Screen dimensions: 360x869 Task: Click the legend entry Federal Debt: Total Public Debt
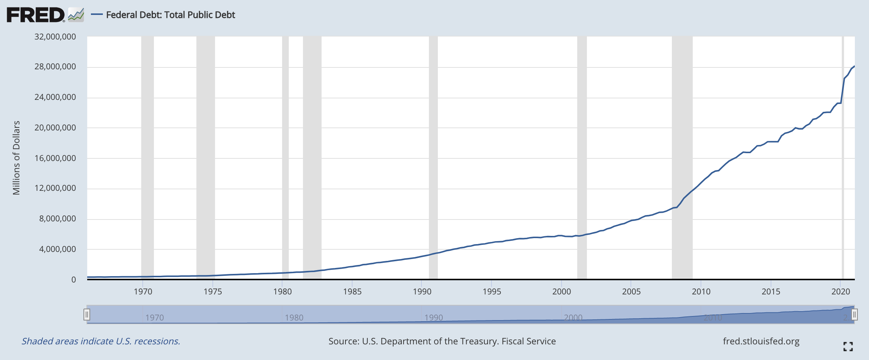point(170,15)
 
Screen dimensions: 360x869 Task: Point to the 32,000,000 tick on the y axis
point(55,37)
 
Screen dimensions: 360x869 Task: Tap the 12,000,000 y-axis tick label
point(55,188)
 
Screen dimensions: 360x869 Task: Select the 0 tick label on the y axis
point(73,280)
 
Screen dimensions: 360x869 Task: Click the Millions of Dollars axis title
point(16,158)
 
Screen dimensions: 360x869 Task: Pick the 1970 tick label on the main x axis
point(143,291)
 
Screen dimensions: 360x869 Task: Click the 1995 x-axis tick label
point(492,291)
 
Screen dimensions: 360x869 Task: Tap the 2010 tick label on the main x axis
point(701,291)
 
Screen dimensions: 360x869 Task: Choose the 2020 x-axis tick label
point(841,291)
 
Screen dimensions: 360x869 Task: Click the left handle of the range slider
point(87,315)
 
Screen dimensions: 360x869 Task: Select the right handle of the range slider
point(854,315)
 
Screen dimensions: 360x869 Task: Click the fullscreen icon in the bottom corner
point(848,347)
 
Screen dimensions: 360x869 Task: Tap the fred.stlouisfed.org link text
point(761,341)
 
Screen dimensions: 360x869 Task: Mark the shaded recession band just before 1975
point(206,157)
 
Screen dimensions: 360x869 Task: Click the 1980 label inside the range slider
point(294,318)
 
